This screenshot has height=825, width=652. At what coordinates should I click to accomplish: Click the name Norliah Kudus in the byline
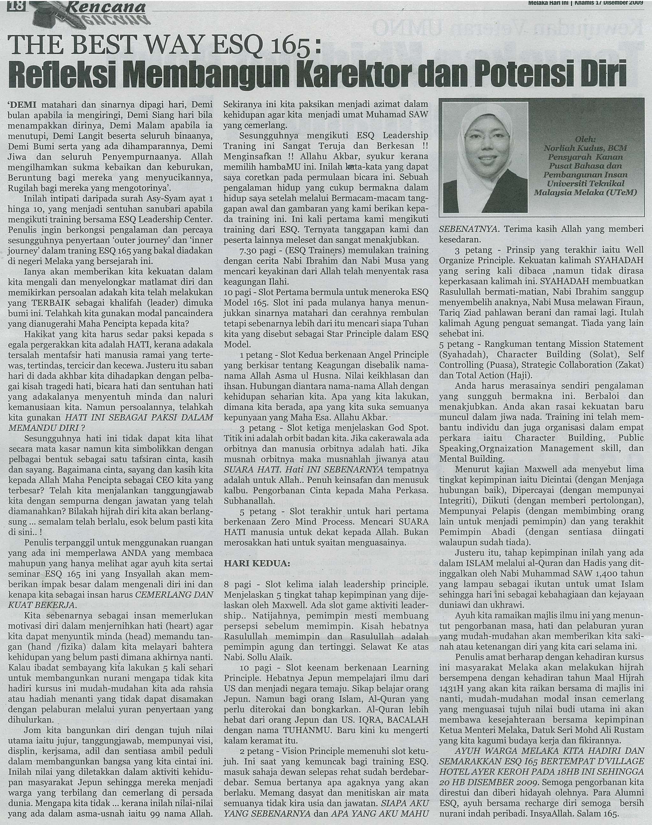575,148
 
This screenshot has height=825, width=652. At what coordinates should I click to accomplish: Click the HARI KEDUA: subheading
257,563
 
